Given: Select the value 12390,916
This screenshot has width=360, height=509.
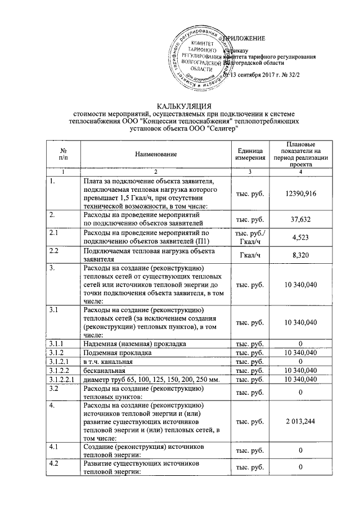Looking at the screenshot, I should [301, 193].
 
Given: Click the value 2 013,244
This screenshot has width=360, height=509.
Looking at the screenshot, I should [301, 420].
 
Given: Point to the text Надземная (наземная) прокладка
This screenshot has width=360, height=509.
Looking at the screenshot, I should [132, 343].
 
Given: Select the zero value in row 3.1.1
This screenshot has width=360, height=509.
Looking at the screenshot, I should [301, 343].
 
